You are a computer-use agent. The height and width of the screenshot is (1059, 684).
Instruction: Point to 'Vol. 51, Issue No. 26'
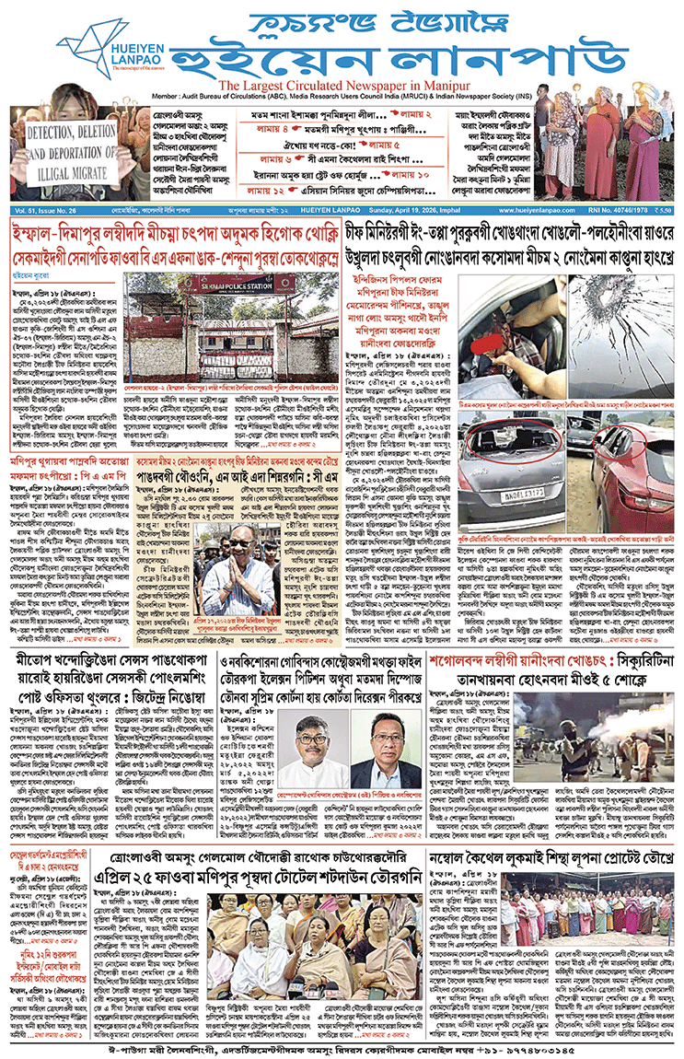[43, 211]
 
